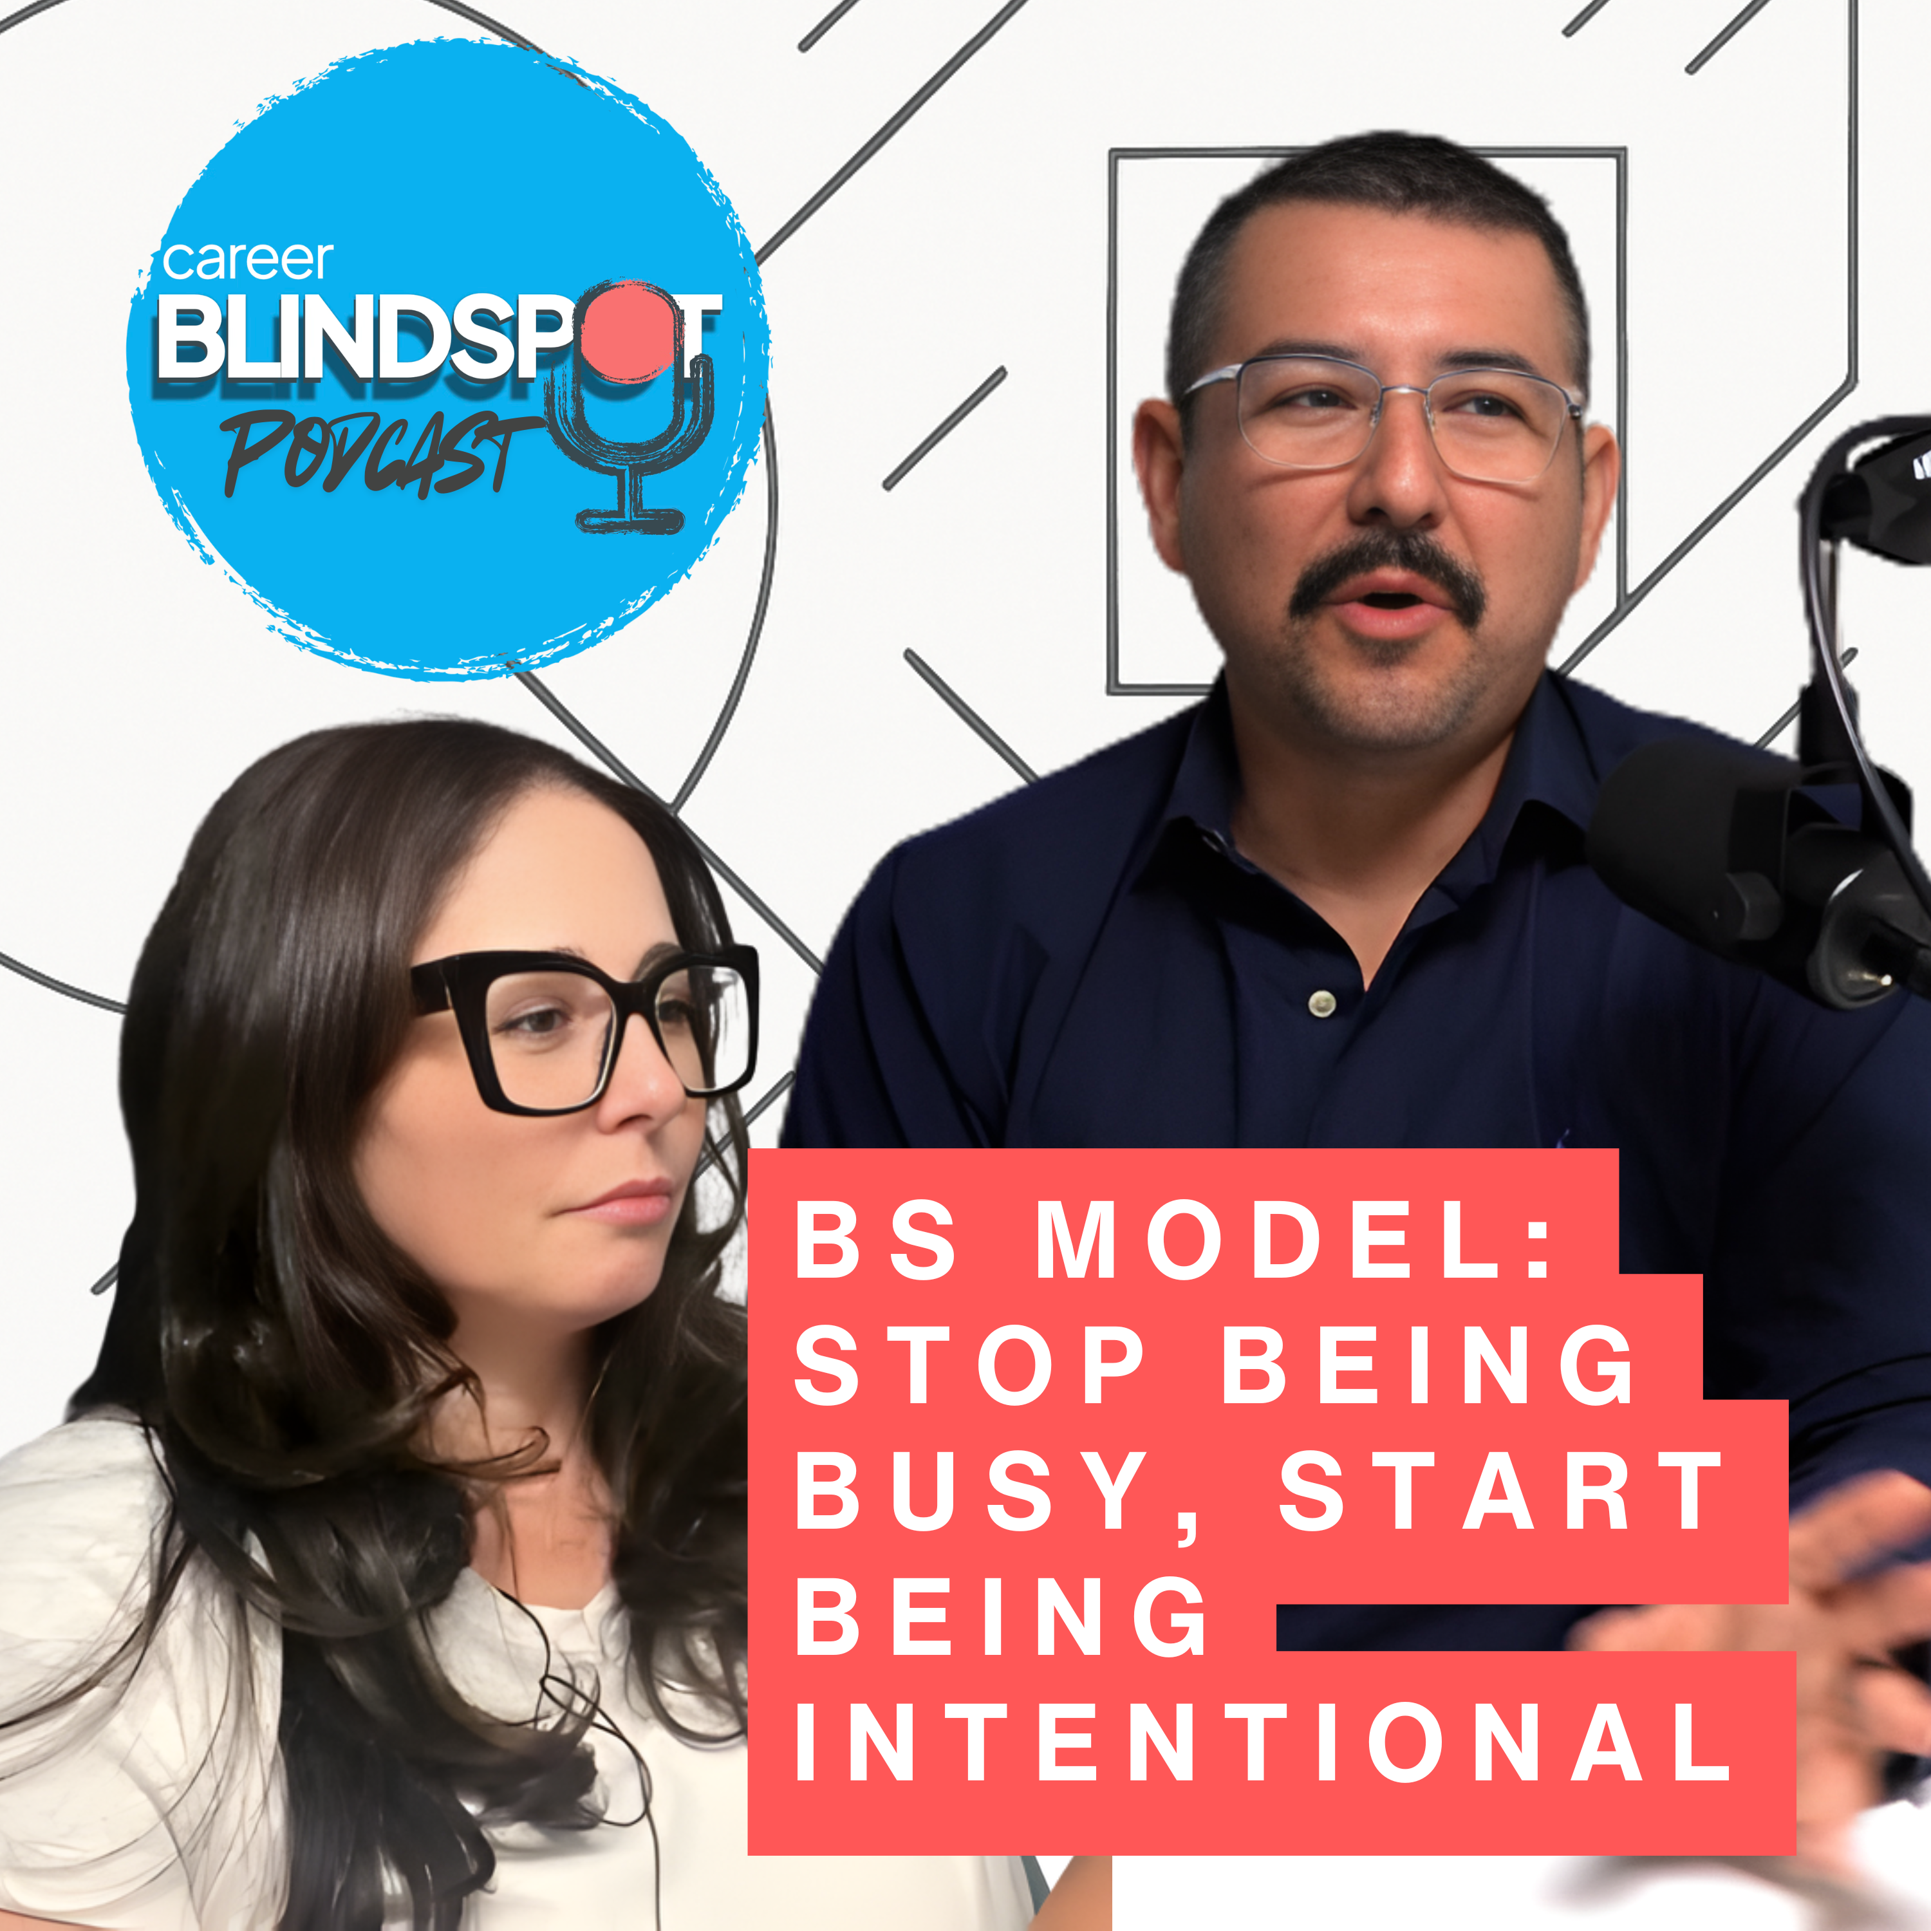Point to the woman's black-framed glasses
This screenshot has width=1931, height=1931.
(584, 1029)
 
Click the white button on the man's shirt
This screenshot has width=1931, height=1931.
(1322, 1000)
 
